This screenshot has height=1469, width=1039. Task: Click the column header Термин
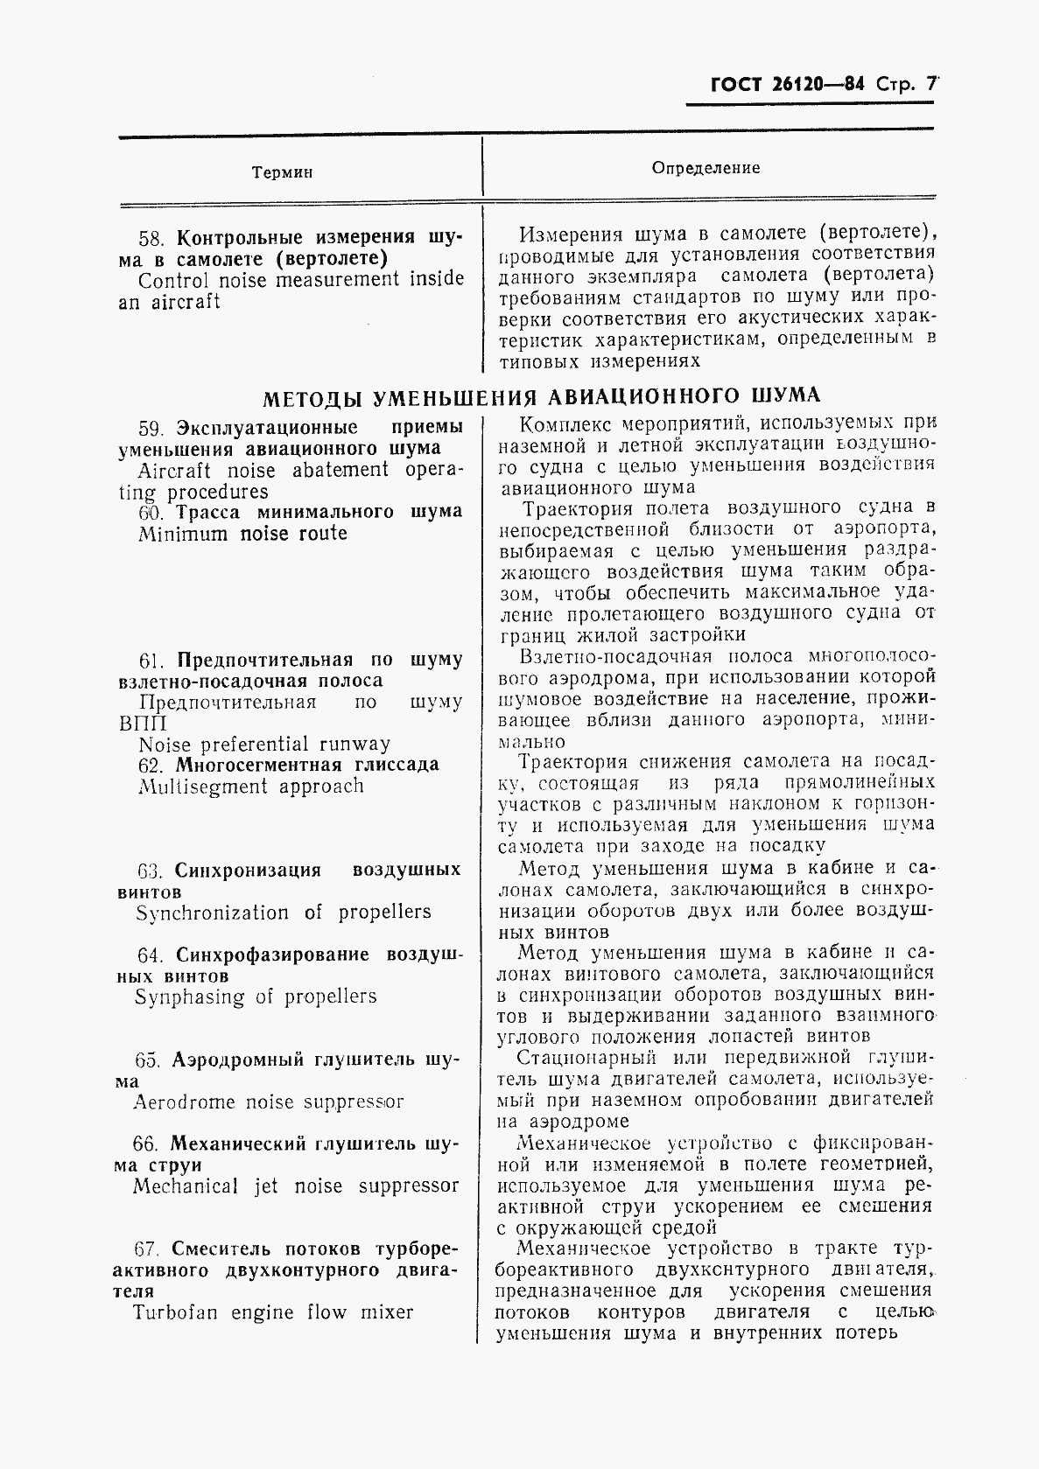tap(282, 172)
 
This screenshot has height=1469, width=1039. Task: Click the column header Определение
tap(706, 168)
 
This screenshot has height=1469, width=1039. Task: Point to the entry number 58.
tap(151, 239)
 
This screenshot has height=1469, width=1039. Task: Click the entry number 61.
tap(151, 661)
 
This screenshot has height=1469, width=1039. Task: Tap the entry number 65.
tap(147, 1060)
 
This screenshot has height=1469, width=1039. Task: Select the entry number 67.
tap(147, 1249)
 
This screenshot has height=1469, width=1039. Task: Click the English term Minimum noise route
tap(242, 534)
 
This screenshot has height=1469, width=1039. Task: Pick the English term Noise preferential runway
tap(264, 745)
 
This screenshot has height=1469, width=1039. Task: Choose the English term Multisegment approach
tap(250, 787)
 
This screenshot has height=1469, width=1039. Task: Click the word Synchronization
tap(212, 913)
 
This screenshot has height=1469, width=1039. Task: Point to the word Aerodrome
tap(184, 1102)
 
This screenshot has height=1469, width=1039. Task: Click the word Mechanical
tap(186, 1186)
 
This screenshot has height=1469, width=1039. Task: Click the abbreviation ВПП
tap(142, 724)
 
